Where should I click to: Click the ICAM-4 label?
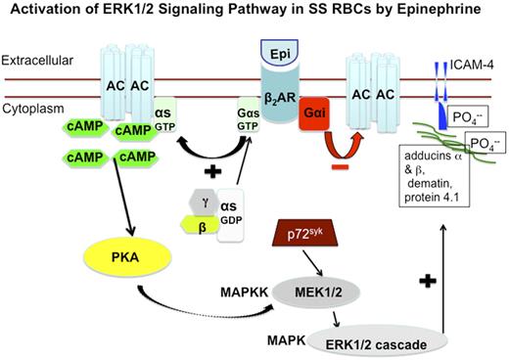click(x=473, y=67)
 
